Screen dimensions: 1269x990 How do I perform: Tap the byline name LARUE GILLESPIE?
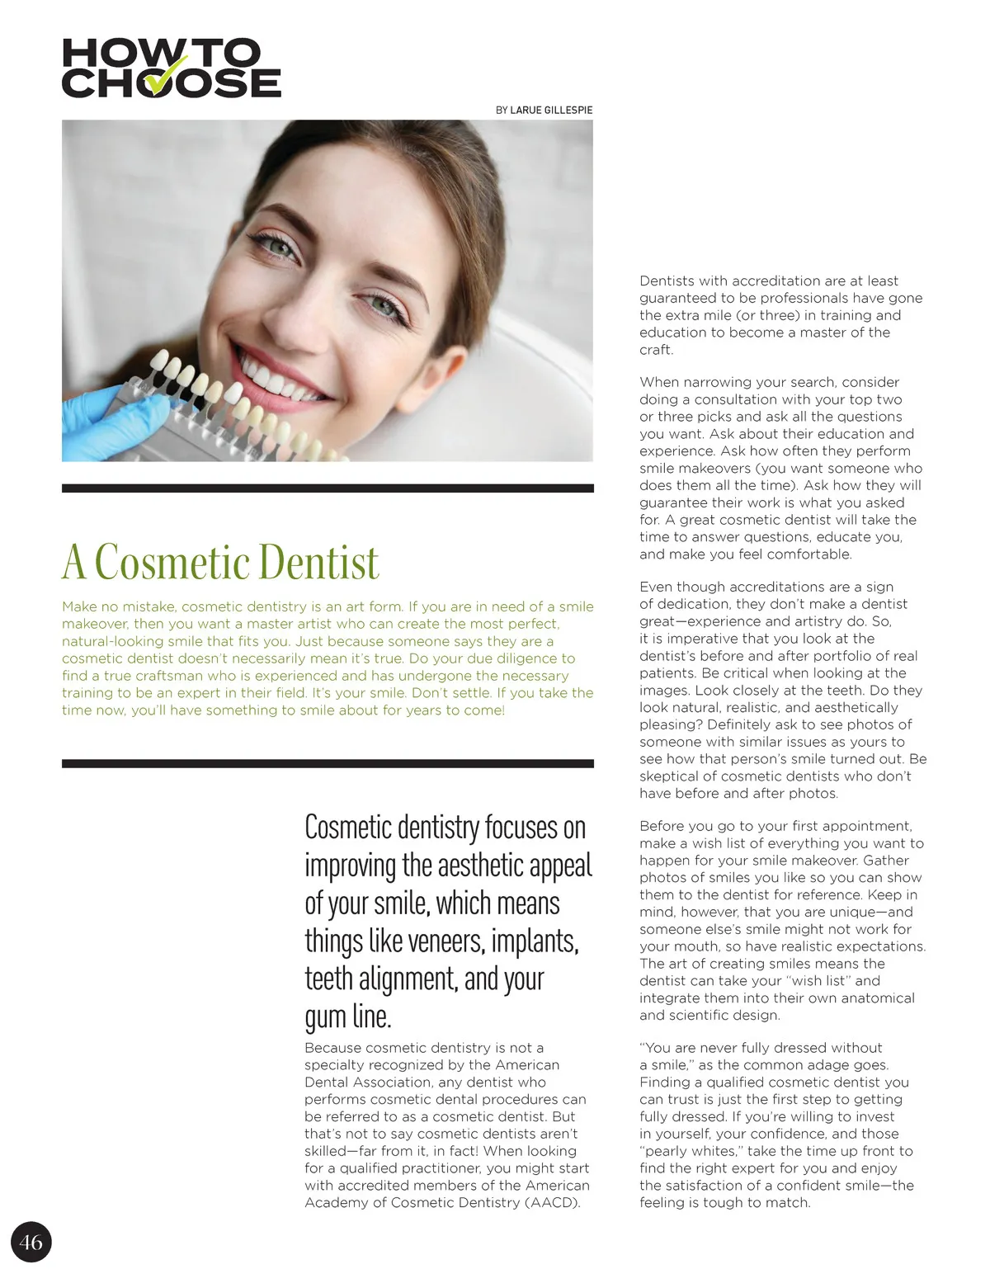click(551, 110)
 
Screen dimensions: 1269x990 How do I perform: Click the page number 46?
click(31, 1242)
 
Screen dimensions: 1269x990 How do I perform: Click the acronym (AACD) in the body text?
click(552, 1202)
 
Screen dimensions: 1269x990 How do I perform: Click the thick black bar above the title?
click(328, 488)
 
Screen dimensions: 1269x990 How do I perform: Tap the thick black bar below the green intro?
click(328, 764)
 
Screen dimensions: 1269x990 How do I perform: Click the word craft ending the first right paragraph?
click(656, 350)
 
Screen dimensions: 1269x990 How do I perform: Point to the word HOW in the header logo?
click(112, 54)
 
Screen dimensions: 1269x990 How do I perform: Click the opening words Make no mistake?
click(120, 606)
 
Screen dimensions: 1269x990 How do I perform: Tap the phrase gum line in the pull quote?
click(347, 1017)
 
